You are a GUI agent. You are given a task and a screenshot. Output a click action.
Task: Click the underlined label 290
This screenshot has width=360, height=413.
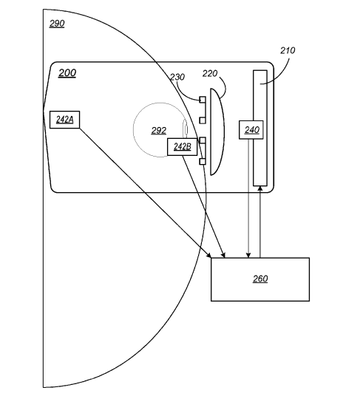pos(57,24)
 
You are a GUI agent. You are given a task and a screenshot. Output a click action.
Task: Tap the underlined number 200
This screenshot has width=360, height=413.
pos(67,72)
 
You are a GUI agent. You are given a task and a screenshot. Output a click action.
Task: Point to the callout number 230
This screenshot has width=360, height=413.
pos(177,77)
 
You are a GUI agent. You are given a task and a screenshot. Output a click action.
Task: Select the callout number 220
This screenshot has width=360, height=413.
pos(210,73)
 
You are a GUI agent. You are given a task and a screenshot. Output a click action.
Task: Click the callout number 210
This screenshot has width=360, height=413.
pos(288,50)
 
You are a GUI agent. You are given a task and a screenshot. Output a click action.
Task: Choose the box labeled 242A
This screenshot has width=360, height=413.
pos(64,120)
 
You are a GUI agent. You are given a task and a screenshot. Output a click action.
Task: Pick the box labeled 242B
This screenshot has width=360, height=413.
pos(182,147)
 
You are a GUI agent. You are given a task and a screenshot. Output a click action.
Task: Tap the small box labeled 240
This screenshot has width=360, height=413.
pos(251,130)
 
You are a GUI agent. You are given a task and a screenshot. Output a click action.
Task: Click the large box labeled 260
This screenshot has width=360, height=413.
pos(260,279)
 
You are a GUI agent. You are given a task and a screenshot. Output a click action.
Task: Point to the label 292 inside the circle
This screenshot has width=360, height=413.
pos(159,130)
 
